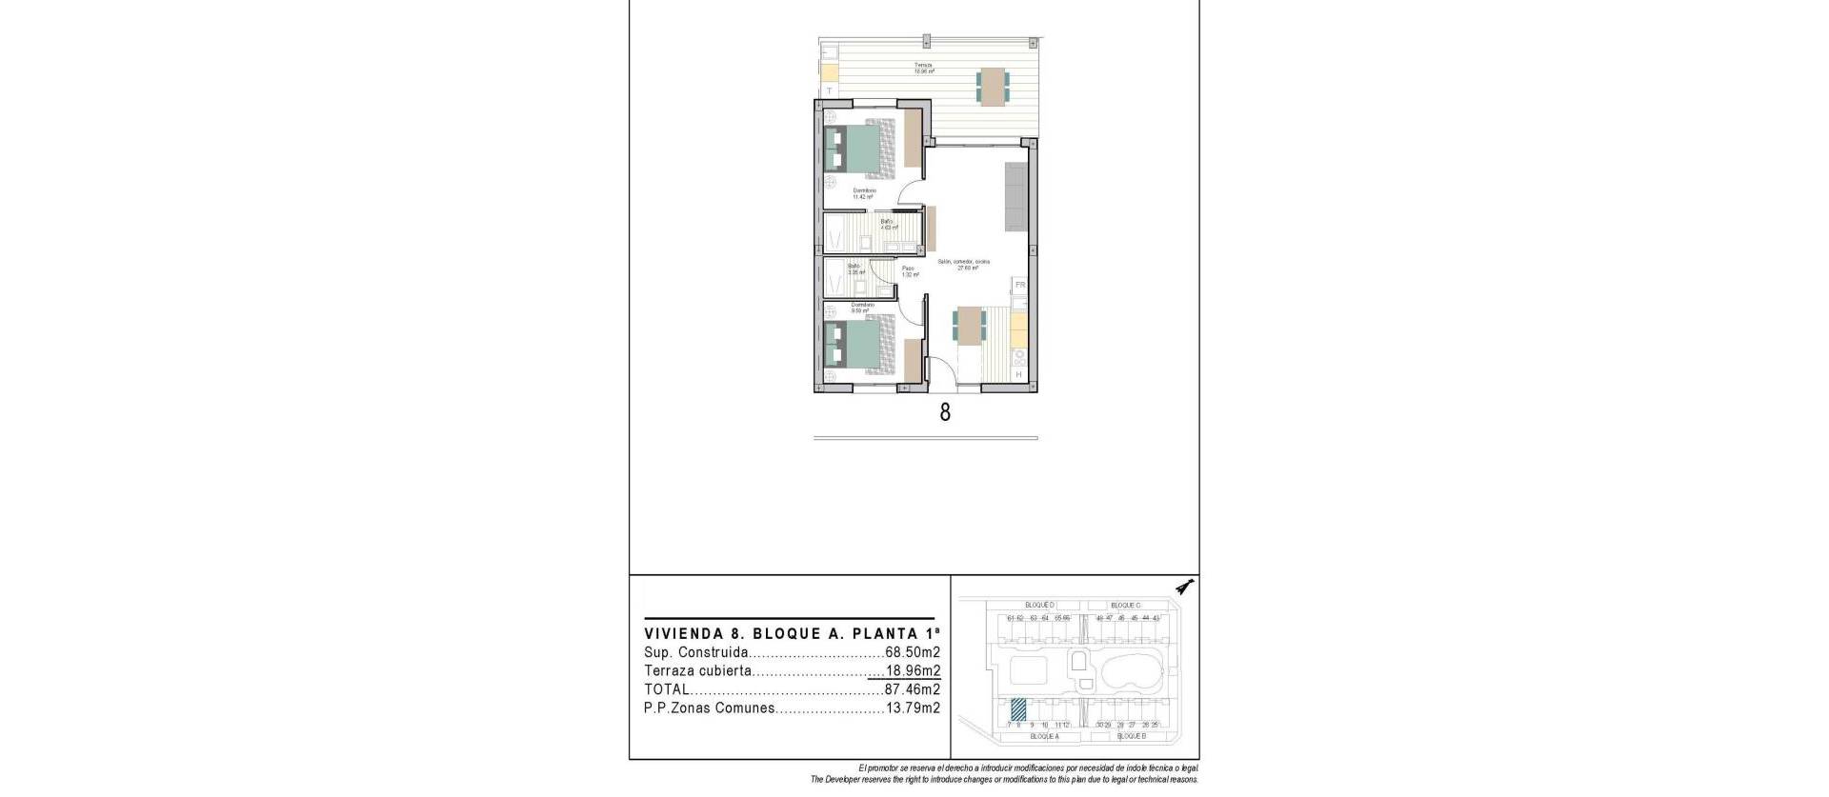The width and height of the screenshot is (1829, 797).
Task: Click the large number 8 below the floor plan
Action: [x=945, y=412]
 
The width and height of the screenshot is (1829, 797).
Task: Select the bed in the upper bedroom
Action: [x=198, y=150]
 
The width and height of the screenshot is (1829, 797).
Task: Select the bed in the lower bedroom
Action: [x=198, y=346]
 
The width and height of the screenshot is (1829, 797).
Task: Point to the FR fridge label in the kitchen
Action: [x=1019, y=285]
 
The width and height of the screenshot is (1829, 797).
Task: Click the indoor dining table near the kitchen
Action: [x=971, y=327]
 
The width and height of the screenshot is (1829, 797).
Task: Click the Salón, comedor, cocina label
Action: [x=963, y=264]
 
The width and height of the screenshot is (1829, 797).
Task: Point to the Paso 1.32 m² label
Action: [x=910, y=271]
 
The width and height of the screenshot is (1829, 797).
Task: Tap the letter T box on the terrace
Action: [x=829, y=90]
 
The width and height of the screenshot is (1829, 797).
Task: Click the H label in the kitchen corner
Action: [x=1018, y=375]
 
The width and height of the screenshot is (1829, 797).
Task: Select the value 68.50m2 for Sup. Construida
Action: [x=913, y=653]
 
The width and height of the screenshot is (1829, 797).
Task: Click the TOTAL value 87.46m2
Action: [x=906, y=689]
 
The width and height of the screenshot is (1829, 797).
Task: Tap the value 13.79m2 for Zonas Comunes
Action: [x=913, y=708]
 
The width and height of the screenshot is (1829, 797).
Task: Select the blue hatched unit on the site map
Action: [x=1018, y=708]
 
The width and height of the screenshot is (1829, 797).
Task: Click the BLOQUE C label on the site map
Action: [x=1125, y=606]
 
